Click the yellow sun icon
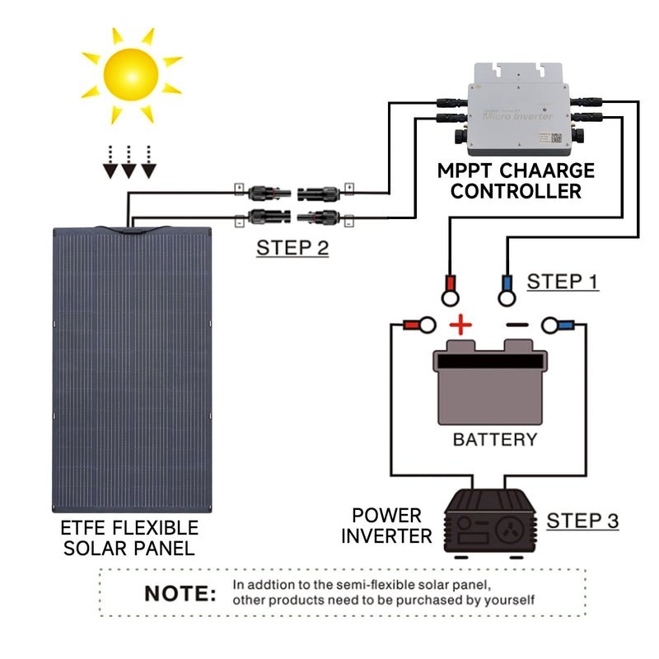[131, 75]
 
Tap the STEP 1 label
[563, 281]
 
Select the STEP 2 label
[292, 247]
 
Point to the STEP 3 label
[582, 521]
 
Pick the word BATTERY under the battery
[494, 439]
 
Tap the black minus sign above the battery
[516, 325]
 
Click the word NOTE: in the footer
[180, 593]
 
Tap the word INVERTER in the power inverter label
[386, 536]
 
